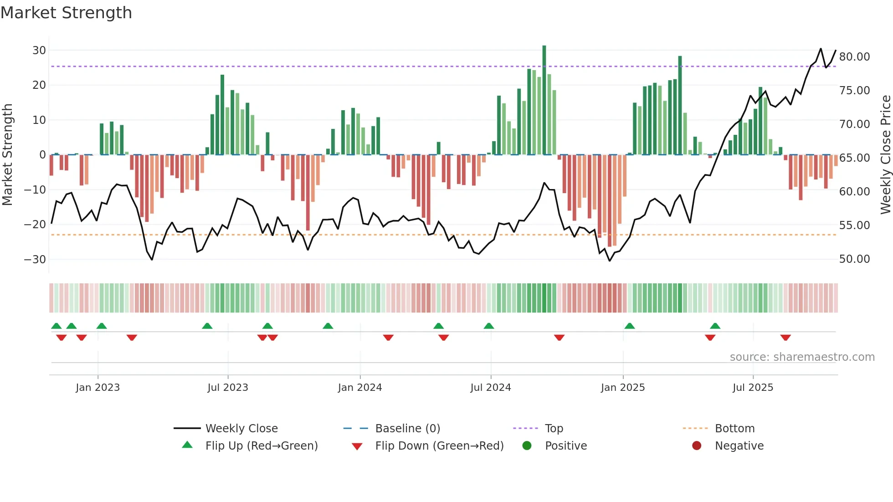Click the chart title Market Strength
point(66,13)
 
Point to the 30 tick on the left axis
point(39,51)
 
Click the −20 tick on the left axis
point(35,225)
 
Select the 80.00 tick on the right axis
point(854,57)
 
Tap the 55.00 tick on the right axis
point(854,225)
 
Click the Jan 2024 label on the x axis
point(359,388)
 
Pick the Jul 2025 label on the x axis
point(753,388)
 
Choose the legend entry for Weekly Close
point(241,429)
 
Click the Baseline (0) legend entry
point(407,429)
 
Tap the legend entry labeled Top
point(554,429)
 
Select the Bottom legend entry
point(734,429)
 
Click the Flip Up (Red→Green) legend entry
point(261,446)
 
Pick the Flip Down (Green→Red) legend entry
point(439,446)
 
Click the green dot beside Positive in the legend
point(527,446)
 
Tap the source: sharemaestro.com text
point(802,357)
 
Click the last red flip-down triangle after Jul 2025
point(785,338)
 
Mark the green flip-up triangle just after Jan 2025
point(629,326)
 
